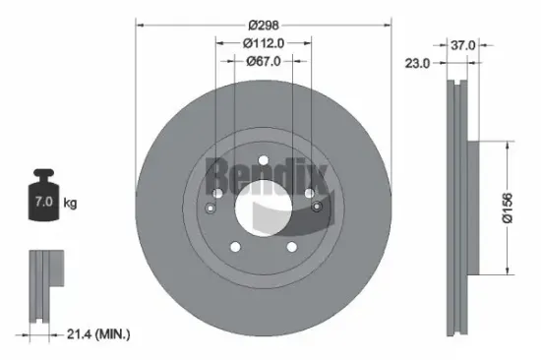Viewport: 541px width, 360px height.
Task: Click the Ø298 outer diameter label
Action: (x=263, y=24)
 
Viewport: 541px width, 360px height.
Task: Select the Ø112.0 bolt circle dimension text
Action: (x=263, y=42)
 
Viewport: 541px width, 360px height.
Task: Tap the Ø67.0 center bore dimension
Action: (x=263, y=60)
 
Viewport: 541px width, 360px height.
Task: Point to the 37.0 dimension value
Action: (x=463, y=44)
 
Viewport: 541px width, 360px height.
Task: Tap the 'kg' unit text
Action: (x=69, y=203)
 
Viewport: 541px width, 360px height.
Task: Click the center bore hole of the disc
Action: (x=263, y=207)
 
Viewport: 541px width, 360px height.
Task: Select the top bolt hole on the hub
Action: (x=263, y=162)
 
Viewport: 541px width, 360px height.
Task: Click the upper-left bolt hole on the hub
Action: (x=220, y=193)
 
